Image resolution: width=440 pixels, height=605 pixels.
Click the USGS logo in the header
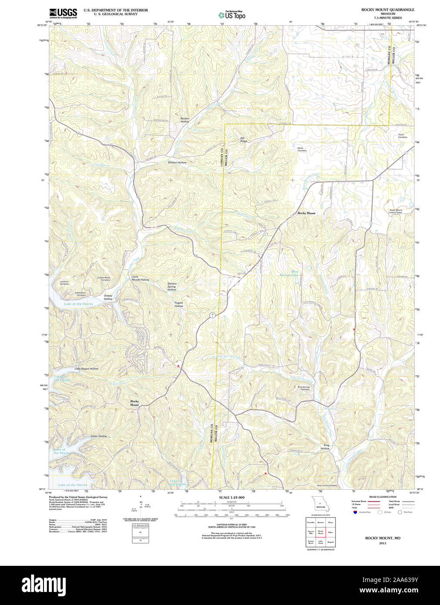coord(63,13)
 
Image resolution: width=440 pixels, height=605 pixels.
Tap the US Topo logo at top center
coord(232,15)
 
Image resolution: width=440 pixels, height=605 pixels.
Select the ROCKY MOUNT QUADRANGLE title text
coord(387,10)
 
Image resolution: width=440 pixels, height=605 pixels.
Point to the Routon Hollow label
coord(185,120)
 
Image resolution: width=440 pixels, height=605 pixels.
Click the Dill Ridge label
coord(244,140)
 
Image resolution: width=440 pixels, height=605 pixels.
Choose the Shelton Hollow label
coord(177,162)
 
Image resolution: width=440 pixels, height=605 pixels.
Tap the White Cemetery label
coord(302,149)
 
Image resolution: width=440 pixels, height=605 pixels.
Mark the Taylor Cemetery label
coord(402,136)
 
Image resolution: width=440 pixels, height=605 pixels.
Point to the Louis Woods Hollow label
coord(140,278)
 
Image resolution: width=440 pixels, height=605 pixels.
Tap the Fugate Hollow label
coord(179,304)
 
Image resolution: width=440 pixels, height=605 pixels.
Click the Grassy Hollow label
coord(108,297)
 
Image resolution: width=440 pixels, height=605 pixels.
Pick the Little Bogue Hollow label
coord(86,369)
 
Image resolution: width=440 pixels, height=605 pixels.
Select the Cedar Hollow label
coord(98,436)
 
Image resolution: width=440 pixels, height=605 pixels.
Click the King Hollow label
coord(326,447)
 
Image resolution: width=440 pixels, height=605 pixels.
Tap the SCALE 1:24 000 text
coord(232,497)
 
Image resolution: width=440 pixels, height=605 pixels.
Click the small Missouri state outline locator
coord(320,505)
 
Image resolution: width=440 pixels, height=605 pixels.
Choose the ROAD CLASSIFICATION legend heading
coord(383,497)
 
